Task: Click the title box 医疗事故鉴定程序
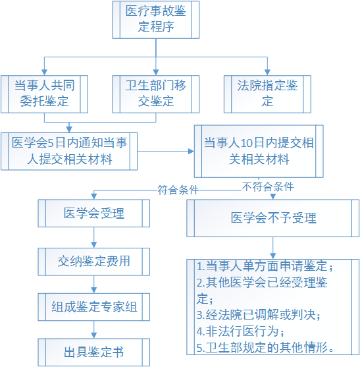156,20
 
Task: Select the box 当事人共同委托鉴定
44,94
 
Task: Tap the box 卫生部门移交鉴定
156,94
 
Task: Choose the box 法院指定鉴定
267,94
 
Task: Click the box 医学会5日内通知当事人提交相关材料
69,151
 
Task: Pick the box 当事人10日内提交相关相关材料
259,151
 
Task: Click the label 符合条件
178,190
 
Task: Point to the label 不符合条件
268,186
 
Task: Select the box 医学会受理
94,213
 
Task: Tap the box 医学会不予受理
273,218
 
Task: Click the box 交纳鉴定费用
94,262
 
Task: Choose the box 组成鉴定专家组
94,307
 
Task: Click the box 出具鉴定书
94,353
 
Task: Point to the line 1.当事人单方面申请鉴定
265,266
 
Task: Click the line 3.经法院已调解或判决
258,315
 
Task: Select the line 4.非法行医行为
240,331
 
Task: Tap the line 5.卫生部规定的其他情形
265,348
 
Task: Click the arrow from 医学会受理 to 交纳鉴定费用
94,238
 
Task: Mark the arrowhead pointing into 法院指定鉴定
267,72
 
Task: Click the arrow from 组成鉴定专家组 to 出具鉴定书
94,329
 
